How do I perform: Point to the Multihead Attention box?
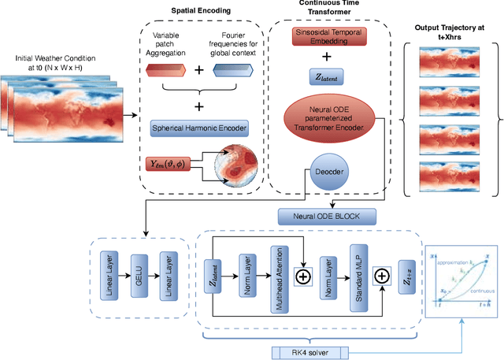pyautogui.click(x=276, y=277)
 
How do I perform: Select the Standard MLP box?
pyautogui.click(x=354, y=277)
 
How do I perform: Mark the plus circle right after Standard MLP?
pyautogui.click(x=381, y=276)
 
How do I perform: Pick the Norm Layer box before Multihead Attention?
pyautogui.click(x=247, y=277)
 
